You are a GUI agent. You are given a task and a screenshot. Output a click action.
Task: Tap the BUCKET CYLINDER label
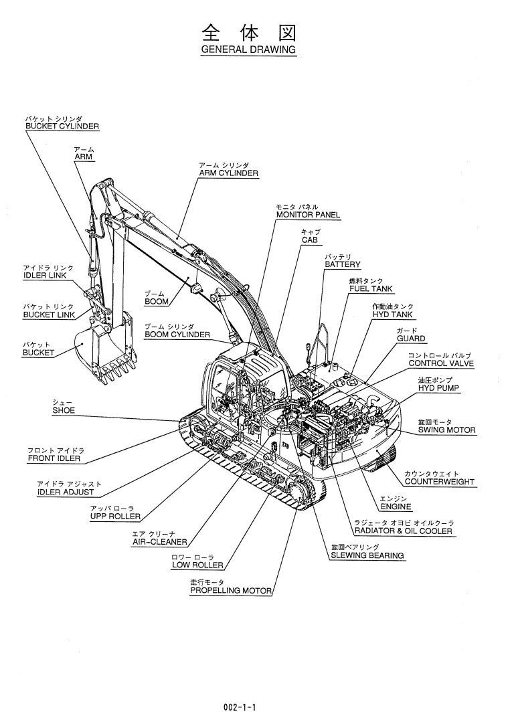pos(62,126)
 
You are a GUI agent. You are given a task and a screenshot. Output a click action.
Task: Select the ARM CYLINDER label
pos(228,173)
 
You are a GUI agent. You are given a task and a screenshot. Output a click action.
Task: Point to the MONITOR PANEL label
pos(308,215)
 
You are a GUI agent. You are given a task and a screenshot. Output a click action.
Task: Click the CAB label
pos(309,240)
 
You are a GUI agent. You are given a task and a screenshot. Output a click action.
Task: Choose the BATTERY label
pos(343,265)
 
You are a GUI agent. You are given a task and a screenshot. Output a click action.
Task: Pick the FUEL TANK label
pos(371,289)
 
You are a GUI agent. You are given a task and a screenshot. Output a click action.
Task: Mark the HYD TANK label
pos(393,314)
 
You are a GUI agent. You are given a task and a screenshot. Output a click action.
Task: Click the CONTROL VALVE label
pos(441,363)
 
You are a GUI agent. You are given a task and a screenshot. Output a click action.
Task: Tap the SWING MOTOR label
pos(447,430)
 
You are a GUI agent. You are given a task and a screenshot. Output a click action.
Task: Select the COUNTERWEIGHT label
pos(439,482)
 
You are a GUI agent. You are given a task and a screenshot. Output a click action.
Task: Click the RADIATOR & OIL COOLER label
pos(403,531)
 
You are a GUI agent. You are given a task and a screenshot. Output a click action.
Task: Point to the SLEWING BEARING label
pos(367,555)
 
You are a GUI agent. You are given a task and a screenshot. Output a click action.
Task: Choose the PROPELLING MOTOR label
pos(231,591)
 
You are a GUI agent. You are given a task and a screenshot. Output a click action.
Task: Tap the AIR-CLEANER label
pos(159,542)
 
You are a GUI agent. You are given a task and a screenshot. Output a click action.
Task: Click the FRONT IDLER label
pos(54,458)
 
